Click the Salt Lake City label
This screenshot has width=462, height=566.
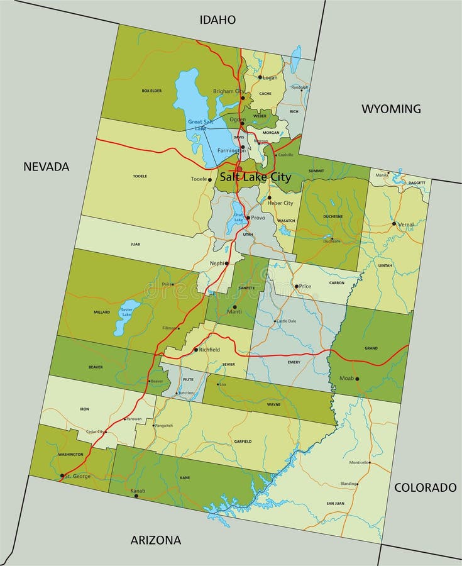coord(255,177)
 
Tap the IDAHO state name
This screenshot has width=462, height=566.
coord(217,20)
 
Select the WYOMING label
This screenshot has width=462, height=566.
coord(391,109)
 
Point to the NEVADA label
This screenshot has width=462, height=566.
coord(46,167)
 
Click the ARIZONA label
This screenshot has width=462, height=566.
coord(155,540)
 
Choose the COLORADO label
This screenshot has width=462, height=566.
coord(425,487)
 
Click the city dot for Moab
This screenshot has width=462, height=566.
coord(357,379)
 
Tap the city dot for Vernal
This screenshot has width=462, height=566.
coord(394,224)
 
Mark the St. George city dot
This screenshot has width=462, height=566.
coord(62,475)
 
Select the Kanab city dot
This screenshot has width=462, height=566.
coord(136,496)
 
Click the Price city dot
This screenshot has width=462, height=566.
coord(296,286)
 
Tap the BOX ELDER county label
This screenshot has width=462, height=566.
coord(151,91)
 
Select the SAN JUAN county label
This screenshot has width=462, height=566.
coord(335,504)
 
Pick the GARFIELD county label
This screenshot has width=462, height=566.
coord(242,441)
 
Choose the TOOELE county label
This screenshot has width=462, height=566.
coord(140,176)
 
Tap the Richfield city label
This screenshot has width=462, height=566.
coord(209,350)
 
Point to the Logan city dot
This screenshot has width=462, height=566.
coord(260,77)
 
